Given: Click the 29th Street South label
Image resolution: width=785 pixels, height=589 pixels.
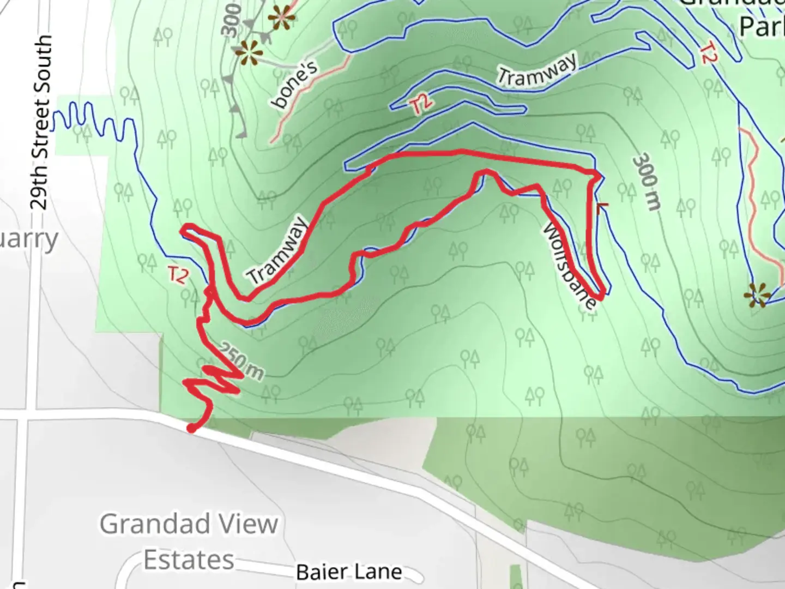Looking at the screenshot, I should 41,123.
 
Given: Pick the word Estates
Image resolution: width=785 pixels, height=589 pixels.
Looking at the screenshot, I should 189,560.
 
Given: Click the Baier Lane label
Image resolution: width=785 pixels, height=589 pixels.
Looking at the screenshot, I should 349,572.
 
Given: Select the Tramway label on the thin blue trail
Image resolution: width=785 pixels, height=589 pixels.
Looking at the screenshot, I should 536,70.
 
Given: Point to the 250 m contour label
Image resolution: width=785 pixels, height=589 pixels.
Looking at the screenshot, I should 243,361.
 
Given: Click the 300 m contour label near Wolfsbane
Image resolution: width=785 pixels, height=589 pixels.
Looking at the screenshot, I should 647,182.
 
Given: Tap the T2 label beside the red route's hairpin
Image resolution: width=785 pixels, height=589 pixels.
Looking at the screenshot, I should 178,274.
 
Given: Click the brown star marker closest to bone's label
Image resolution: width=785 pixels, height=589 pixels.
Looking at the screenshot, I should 249,53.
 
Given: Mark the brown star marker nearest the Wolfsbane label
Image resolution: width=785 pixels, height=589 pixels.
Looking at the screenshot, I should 757,295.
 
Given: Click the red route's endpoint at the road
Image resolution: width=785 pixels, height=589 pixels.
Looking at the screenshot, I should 191,429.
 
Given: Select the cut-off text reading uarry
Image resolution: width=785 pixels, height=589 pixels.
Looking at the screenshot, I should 28,240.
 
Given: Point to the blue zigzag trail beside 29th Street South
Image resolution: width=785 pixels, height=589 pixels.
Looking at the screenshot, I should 93,121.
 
